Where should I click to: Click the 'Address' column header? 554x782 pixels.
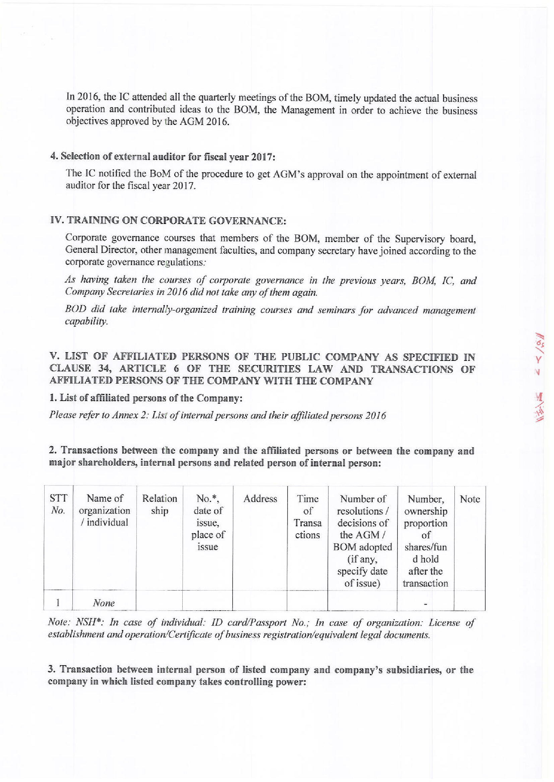260,499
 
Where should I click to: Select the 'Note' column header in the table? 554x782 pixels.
470,499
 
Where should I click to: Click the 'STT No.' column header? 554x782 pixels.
58,504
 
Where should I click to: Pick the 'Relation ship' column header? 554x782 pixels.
159,504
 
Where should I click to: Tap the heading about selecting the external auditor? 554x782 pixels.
162,156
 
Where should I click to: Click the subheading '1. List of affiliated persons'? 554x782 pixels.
146,398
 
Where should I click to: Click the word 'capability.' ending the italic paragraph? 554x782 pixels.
86,322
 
